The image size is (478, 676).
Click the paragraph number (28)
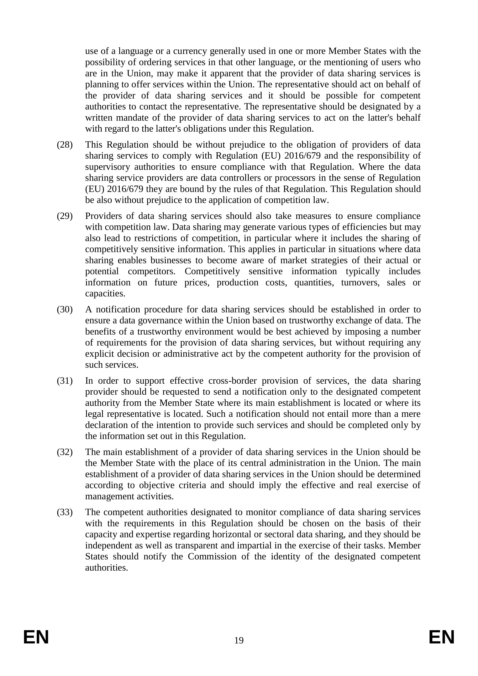[65, 145]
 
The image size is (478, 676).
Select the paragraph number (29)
[65, 216]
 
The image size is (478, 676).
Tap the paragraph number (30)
[65, 309]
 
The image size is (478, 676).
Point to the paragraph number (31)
[65, 381]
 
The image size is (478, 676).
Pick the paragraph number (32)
[65, 452]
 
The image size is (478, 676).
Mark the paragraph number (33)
[65, 512]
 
